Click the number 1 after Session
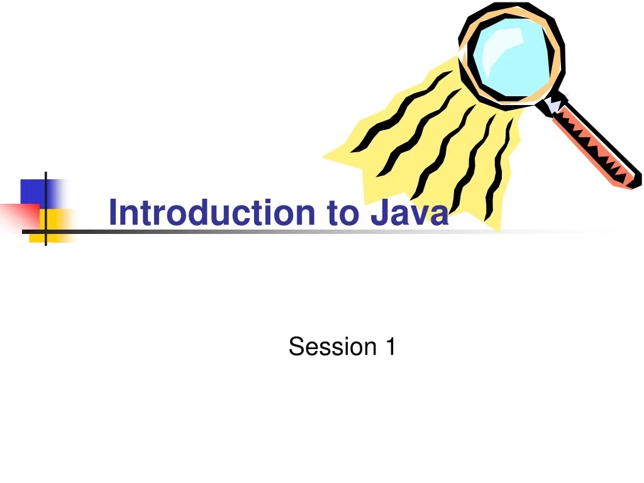click(x=390, y=347)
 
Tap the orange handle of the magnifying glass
click(x=594, y=145)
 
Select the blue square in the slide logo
click(x=39, y=192)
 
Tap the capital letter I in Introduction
click(x=113, y=212)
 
